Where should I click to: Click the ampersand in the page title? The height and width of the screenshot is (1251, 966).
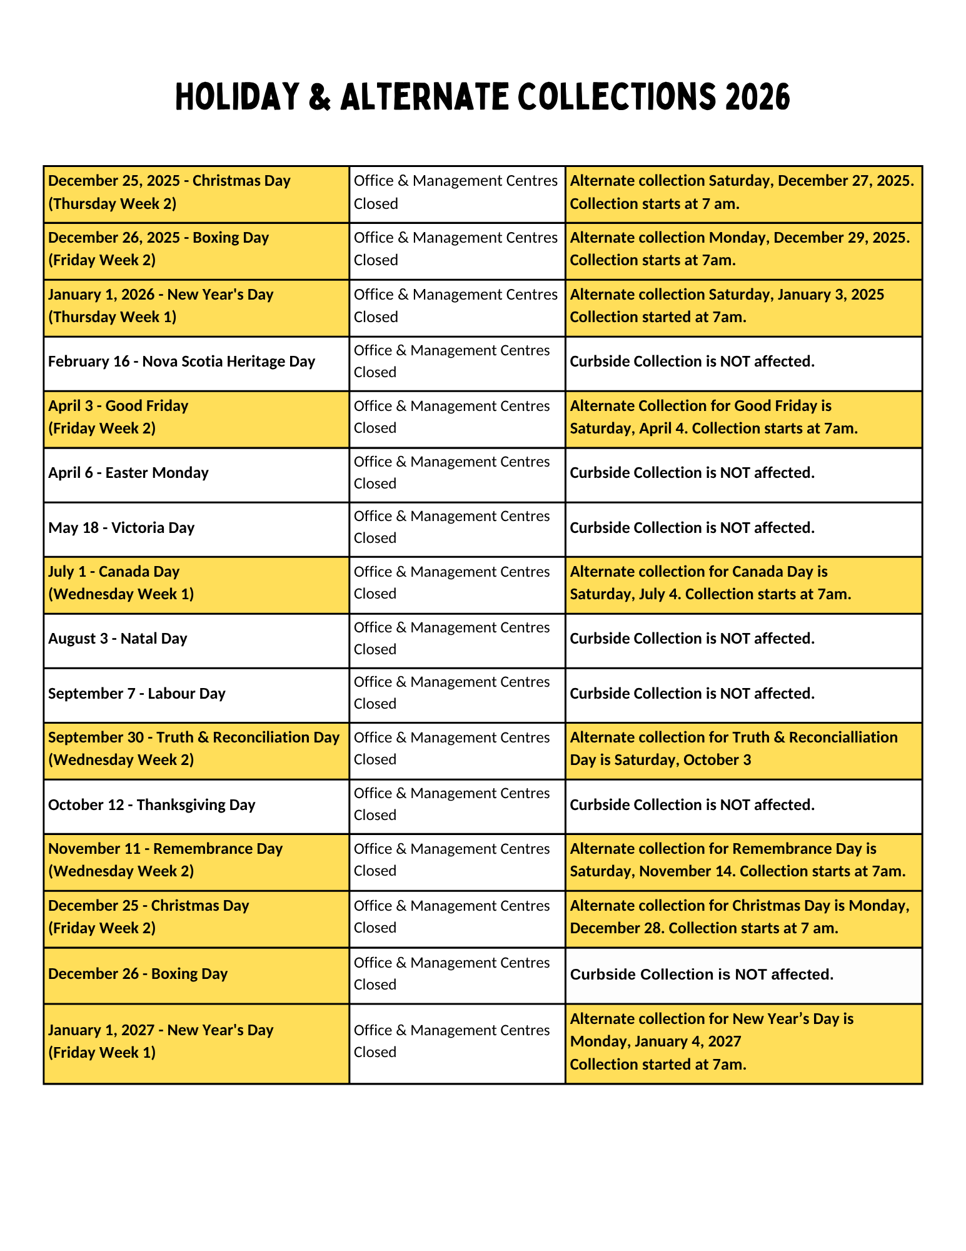[x=319, y=98]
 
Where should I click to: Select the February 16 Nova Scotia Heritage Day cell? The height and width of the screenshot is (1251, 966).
[x=181, y=362]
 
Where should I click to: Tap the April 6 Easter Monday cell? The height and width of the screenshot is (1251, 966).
[x=128, y=473]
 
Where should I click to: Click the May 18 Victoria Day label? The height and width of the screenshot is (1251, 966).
[x=121, y=528]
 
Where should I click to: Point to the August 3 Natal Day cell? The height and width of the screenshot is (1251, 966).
[x=118, y=639]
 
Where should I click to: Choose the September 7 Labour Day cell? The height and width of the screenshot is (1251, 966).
[x=136, y=694]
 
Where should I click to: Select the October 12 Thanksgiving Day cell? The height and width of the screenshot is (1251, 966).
[x=151, y=805]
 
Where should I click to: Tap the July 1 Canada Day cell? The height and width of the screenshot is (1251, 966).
[x=121, y=583]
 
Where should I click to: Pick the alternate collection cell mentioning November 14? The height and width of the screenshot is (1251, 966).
[x=738, y=860]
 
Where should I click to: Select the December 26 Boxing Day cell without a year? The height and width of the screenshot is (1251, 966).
[x=138, y=974]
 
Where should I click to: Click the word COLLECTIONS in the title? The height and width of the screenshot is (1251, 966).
[x=615, y=98]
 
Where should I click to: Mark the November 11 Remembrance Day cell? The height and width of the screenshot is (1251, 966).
[x=165, y=860]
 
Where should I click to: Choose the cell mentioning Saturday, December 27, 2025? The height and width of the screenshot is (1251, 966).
[x=742, y=192]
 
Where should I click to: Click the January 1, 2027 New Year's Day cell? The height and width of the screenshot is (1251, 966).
[x=161, y=1041]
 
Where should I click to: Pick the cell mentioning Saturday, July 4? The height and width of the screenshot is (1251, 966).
[x=710, y=583]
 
